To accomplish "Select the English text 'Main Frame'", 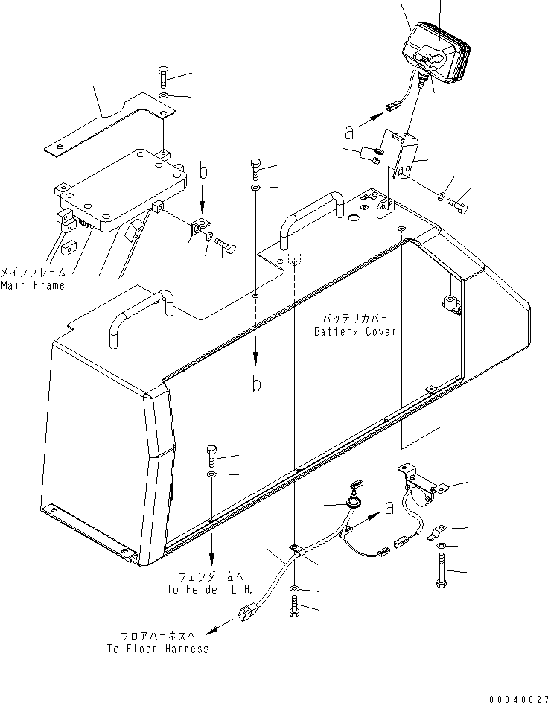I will pyautogui.click(x=32, y=285).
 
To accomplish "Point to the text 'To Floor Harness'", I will pyautogui.click(x=156, y=649).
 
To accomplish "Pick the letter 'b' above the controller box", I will pyautogui.click(x=204, y=174).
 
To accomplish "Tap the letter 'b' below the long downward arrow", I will pyautogui.click(x=255, y=385).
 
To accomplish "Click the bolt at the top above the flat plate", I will pyautogui.click(x=164, y=76).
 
